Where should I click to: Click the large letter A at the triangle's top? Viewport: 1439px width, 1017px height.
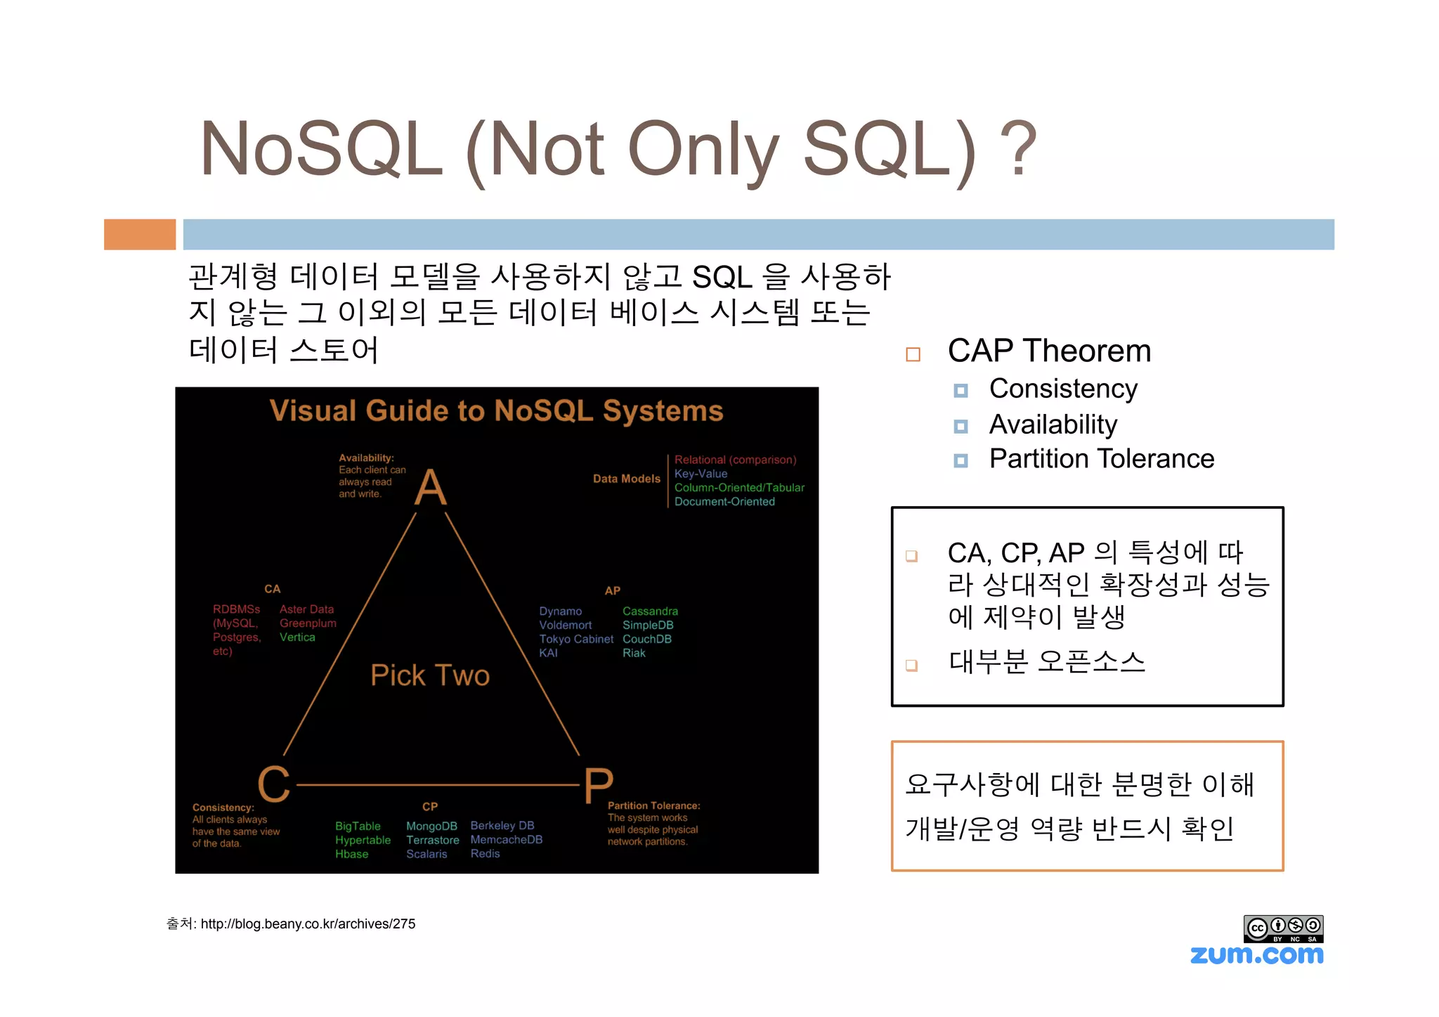click(430, 487)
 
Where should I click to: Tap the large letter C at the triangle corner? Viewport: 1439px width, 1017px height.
click(274, 784)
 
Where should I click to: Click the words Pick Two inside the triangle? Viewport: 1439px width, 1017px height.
click(430, 675)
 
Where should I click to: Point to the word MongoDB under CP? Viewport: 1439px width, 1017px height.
click(431, 826)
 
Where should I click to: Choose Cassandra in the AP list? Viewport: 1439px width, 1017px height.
click(650, 611)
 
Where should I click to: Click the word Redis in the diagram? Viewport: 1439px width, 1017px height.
click(485, 853)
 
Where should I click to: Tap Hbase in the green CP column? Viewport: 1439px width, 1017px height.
click(351, 854)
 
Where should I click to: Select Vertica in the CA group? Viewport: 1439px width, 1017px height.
click(297, 637)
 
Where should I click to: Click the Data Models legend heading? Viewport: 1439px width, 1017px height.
click(626, 479)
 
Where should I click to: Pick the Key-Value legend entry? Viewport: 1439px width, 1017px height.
click(701, 474)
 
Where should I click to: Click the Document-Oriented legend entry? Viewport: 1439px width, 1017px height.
click(724, 502)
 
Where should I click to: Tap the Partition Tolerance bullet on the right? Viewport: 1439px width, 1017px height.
click(1101, 459)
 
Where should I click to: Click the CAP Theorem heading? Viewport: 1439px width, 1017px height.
click(1049, 351)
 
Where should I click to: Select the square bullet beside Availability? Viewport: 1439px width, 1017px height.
click(961, 427)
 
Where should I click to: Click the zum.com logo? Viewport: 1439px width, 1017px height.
click(1256, 954)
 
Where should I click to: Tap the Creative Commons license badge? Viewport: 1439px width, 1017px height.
click(1283, 928)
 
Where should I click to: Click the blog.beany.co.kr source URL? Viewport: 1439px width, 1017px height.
click(308, 924)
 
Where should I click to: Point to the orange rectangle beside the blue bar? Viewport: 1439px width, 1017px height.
click(140, 234)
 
